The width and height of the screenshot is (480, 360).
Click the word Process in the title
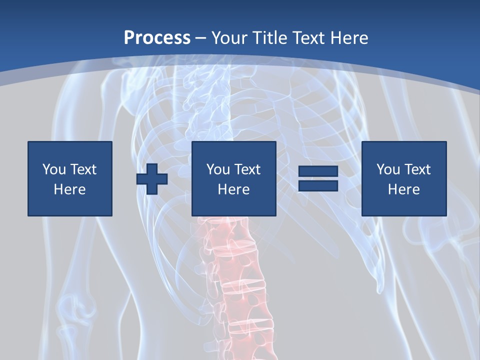[157, 38]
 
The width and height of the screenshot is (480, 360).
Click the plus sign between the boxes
[152, 179]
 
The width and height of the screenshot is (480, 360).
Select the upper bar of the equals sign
[318, 172]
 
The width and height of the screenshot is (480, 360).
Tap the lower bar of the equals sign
[318, 185]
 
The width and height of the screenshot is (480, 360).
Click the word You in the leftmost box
[54, 169]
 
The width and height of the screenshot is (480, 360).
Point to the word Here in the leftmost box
[69, 189]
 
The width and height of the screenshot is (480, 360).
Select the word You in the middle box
[218, 169]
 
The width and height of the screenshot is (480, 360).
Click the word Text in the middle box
[246, 169]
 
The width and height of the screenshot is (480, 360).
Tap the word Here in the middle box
[233, 189]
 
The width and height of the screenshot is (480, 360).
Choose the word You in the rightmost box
[388, 169]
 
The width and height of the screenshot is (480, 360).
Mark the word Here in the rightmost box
[403, 189]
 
